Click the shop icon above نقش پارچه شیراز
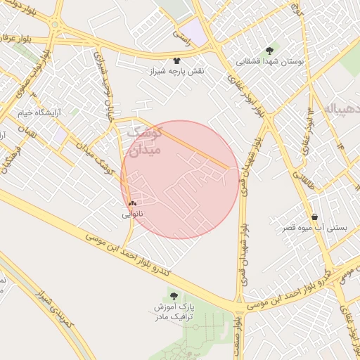176,60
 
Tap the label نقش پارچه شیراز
175,72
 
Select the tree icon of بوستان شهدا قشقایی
270,50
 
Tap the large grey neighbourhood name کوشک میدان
146,141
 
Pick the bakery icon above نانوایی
132,203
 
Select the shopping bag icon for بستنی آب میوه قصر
314,217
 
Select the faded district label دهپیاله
342,110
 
